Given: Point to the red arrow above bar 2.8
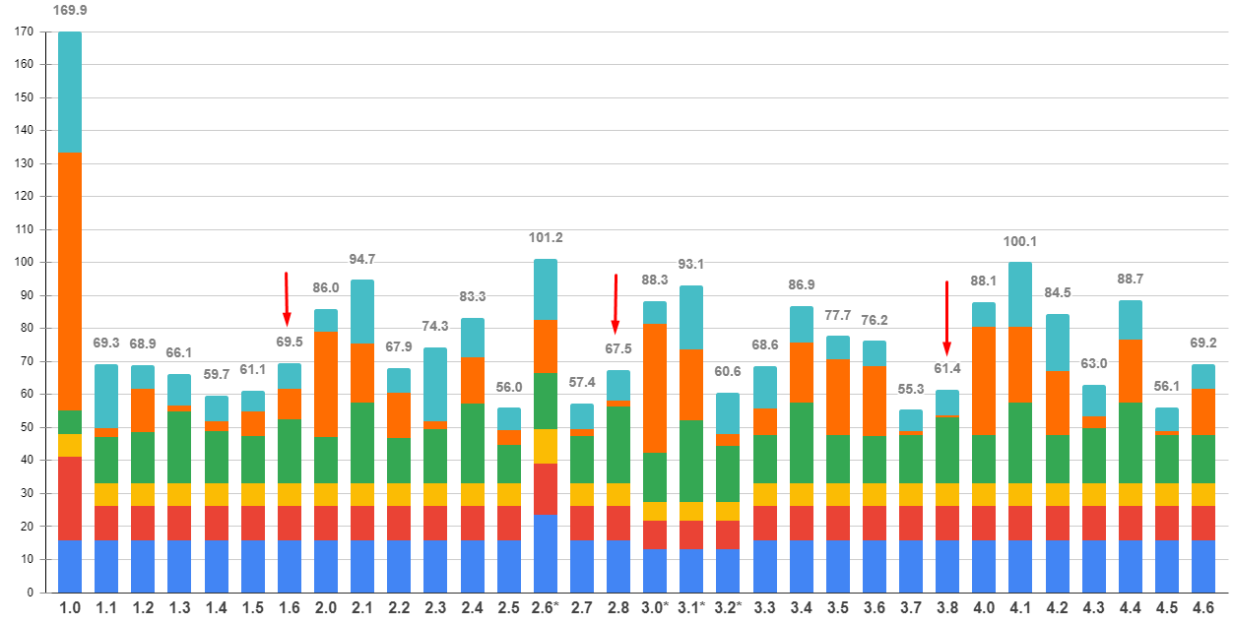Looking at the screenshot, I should click(x=616, y=304).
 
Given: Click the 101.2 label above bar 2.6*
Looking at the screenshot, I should click(x=546, y=238).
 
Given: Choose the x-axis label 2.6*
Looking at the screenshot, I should click(x=547, y=609).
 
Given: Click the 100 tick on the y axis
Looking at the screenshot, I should click(x=25, y=263).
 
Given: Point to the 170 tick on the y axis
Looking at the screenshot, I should click(x=25, y=32).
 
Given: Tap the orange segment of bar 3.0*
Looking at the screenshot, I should click(x=655, y=388).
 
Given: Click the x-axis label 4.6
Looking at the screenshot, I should click(x=1204, y=609).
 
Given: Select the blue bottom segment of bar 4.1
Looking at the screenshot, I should click(x=1020, y=566).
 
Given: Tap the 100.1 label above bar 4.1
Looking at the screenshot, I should click(x=1020, y=242).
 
